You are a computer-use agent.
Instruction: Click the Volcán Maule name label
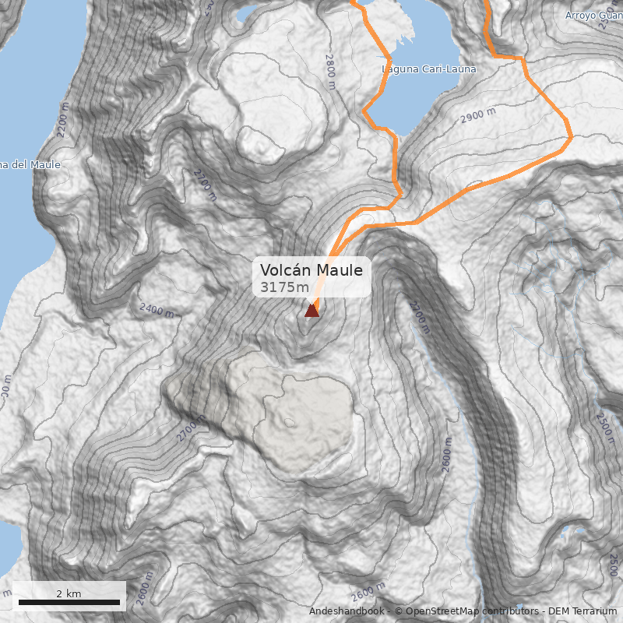tap(311, 270)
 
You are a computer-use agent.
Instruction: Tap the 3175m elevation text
tap(285, 287)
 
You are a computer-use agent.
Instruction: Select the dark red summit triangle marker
tap(311, 310)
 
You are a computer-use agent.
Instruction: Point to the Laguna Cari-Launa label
tap(428, 69)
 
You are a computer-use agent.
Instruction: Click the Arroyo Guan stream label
tap(592, 15)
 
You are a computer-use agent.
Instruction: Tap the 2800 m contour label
tap(330, 65)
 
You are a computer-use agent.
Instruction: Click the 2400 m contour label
tap(157, 309)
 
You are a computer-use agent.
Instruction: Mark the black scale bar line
tap(69, 602)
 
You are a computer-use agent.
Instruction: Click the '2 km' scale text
tap(69, 593)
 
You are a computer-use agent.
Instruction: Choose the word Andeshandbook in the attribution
tap(347, 611)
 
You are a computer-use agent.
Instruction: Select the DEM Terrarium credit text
tap(583, 611)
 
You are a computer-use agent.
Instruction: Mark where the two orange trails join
tap(399, 196)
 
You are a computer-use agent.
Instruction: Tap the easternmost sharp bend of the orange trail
tap(572, 138)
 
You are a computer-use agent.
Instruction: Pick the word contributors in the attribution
tap(511, 611)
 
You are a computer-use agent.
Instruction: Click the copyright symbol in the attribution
tap(399, 611)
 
